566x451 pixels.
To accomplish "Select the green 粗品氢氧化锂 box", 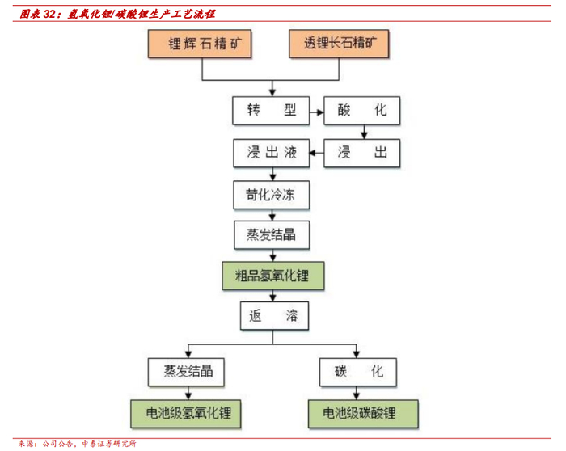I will (274, 276).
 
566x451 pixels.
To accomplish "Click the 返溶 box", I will (274, 315).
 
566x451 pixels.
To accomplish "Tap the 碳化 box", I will (362, 373).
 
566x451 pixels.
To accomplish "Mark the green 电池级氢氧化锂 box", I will (187, 413).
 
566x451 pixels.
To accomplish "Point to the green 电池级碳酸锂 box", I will (362, 413).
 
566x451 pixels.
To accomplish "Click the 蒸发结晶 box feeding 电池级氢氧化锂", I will (187, 373).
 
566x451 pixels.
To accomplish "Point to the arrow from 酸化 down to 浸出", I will (363, 133).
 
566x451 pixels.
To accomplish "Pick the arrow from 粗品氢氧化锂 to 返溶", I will (274, 296).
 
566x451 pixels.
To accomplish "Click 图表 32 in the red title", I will (39, 15).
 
